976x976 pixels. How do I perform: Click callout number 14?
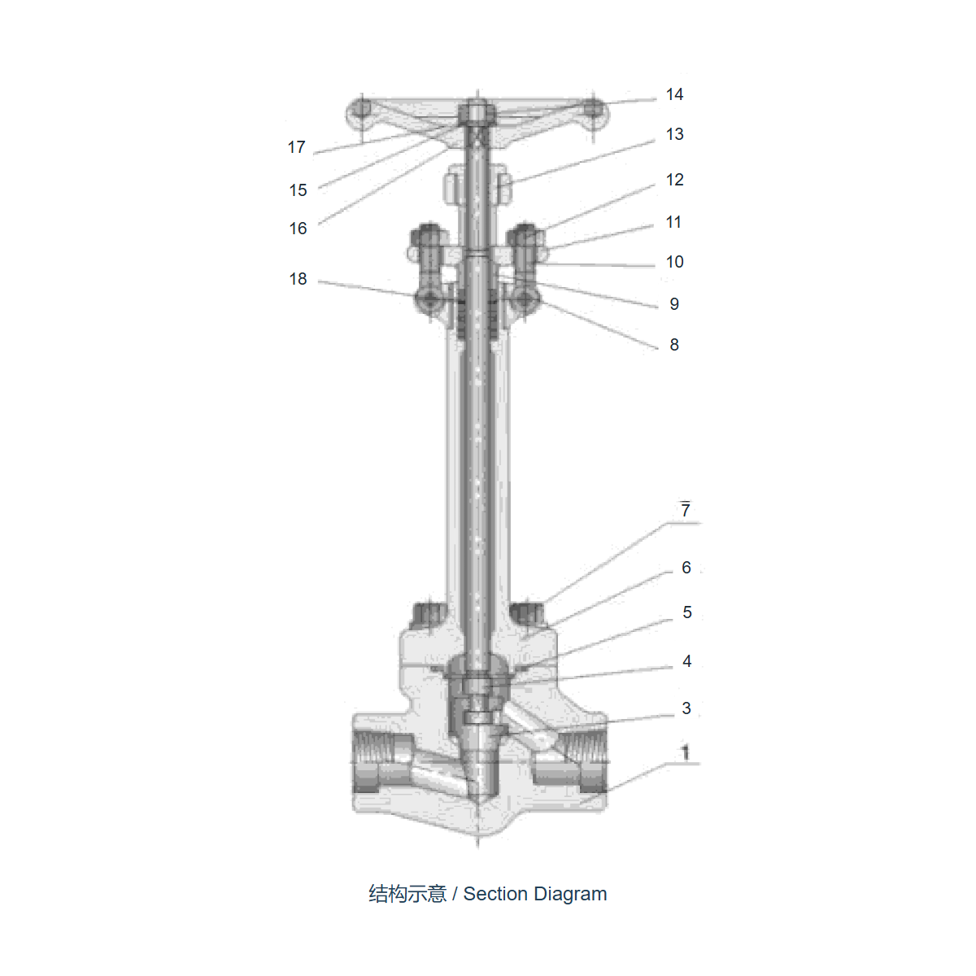click(674, 94)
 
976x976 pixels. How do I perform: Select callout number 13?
click(674, 134)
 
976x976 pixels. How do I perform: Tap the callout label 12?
click(674, 180)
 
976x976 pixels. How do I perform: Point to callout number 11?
click(673, 222)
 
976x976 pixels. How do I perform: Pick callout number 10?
click(674, 262)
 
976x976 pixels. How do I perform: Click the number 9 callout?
click(674, 304)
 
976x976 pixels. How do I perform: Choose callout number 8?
click(674, 345)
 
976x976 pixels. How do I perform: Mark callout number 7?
click(686, 510)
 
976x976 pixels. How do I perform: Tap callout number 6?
click(686, 567)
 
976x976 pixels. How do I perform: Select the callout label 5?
click(686, 612)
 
